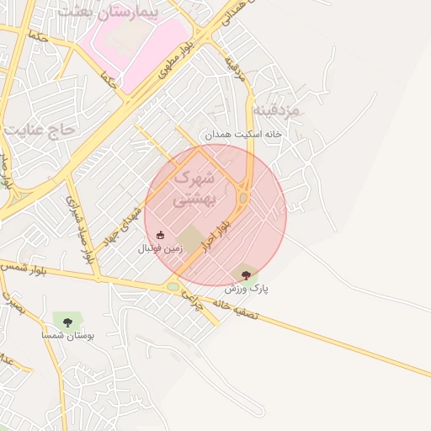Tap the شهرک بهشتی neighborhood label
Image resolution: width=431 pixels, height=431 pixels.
point(194,189)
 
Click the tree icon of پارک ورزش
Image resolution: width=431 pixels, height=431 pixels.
point(246,274)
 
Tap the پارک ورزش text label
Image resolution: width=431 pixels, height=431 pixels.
point(250,288)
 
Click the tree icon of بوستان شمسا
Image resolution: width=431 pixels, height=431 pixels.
point(67,322)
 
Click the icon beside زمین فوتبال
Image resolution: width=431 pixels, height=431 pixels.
point(161,235)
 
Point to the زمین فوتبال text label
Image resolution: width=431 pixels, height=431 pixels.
point(159,249)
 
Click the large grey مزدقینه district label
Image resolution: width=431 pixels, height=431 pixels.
point(299,110)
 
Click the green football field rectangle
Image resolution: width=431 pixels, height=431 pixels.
point(192,239)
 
